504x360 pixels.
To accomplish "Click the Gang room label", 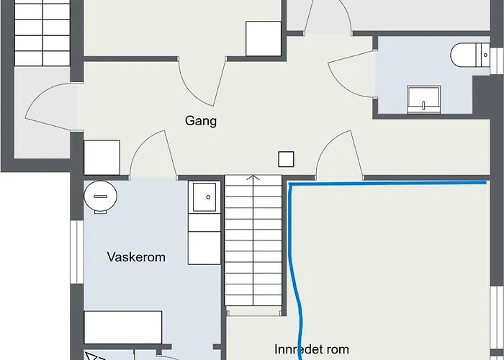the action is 201,121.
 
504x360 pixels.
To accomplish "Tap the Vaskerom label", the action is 136,257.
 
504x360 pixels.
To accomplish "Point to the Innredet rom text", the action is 312,349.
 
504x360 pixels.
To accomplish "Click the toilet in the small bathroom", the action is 470,55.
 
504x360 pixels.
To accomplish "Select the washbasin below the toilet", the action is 423,99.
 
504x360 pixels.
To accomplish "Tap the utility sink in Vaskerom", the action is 204,197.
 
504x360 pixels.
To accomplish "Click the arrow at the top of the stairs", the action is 253,177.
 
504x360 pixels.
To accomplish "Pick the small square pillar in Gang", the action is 286,159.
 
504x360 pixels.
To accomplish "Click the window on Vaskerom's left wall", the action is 77,252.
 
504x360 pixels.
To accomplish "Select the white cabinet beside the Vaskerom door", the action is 102,158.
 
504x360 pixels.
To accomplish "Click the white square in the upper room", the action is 264,39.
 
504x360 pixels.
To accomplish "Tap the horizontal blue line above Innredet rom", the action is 387,184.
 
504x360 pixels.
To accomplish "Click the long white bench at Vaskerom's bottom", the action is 123,327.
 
